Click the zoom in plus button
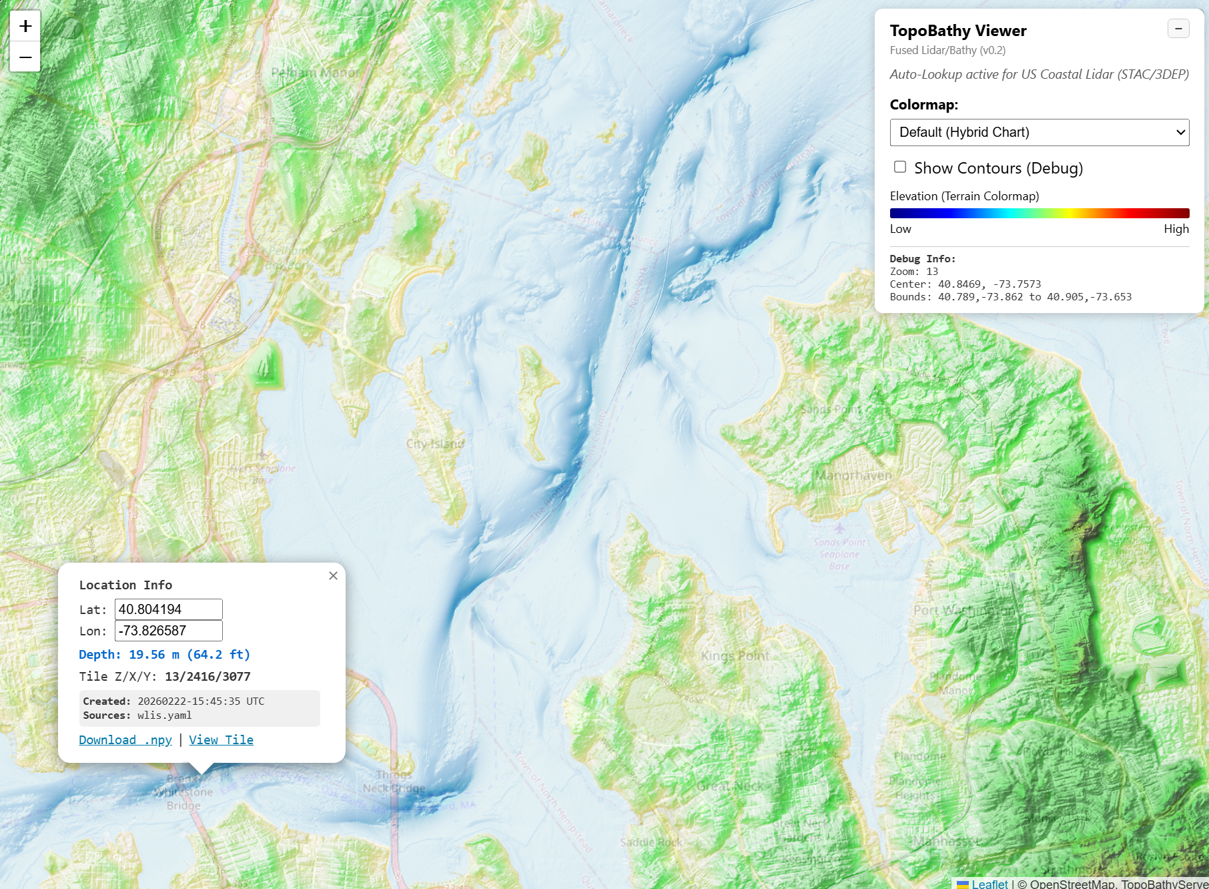[x=25, y=26]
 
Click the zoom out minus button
[x=25, y=57]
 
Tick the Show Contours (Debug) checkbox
[x=900, y=167]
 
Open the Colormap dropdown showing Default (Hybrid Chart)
[x=1039, y=132]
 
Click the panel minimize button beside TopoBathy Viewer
[x=1178, y=29]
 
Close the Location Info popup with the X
[x=333, y=575]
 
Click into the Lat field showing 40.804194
[x=168, y=609]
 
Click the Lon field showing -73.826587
[x=168, y=631]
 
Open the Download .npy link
[x=125, y=739]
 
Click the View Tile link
[x=221, y=739]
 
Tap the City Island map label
[x=435, y=444]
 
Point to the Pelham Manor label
[x=315, y=72]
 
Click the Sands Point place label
[x=831, y=409]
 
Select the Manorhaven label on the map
[x=853, y=475]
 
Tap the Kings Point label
[x=735, y=656]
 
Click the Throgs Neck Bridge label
[x=394, y=782]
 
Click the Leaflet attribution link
[x=989, y=883]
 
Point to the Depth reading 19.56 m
[x=164, y=654]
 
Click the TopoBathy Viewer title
[x=957, y=31]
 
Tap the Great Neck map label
[x=730, y=786]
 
